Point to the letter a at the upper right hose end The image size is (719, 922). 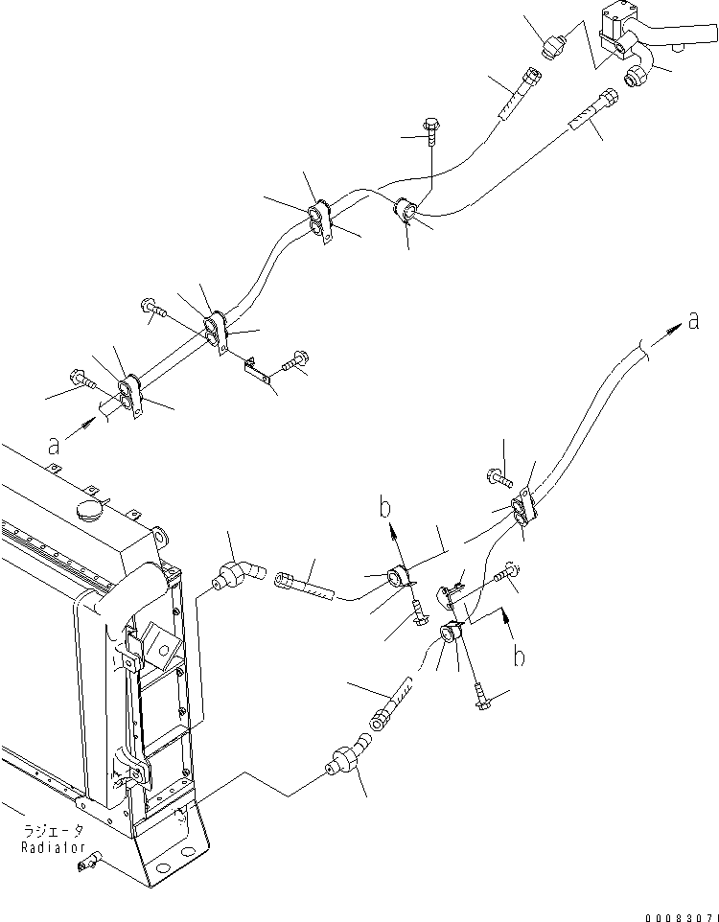pos(692,321)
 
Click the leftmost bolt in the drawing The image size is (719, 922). pos(81,380)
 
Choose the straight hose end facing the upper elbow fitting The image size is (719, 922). pos(299,585)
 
